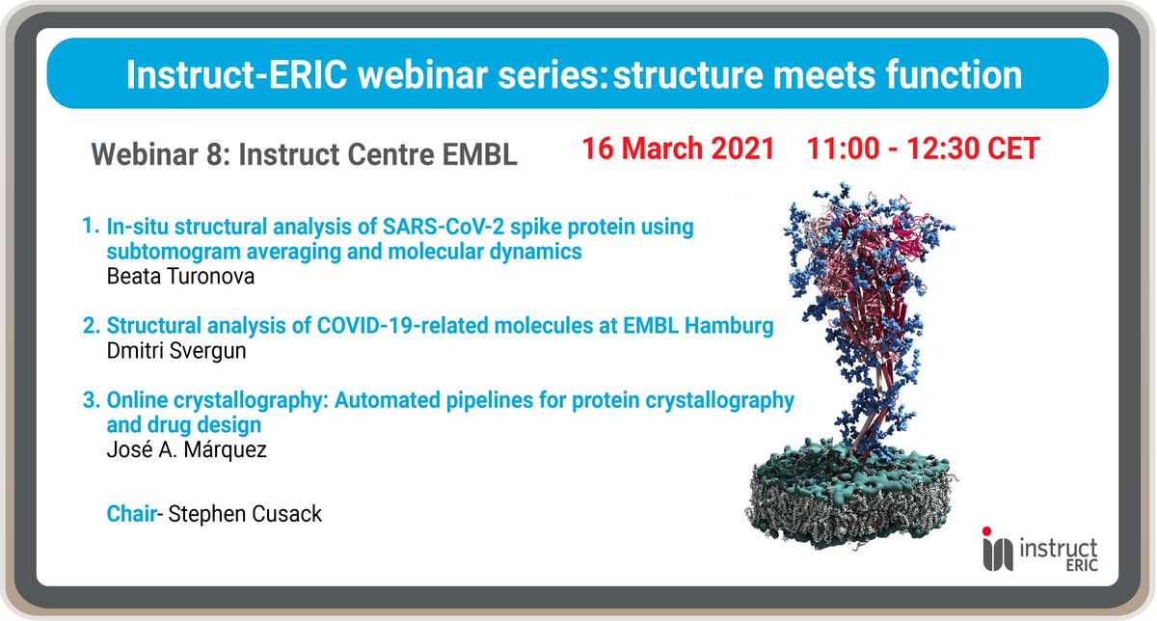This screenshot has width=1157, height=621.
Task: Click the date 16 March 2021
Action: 678,148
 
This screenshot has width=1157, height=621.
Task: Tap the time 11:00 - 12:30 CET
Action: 923,148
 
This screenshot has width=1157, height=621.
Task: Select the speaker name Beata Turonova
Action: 180,277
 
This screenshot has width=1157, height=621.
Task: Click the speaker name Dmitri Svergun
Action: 176,351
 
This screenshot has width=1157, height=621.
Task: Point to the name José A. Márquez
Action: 186,449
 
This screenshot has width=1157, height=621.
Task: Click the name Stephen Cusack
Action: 245,514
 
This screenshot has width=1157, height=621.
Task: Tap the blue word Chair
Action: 131,514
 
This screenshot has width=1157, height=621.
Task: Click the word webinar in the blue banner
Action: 422,75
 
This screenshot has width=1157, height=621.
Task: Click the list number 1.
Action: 90,227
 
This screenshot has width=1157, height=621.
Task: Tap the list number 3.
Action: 91,400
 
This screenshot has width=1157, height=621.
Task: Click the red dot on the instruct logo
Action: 986,530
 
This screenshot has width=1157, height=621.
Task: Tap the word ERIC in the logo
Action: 1082,565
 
